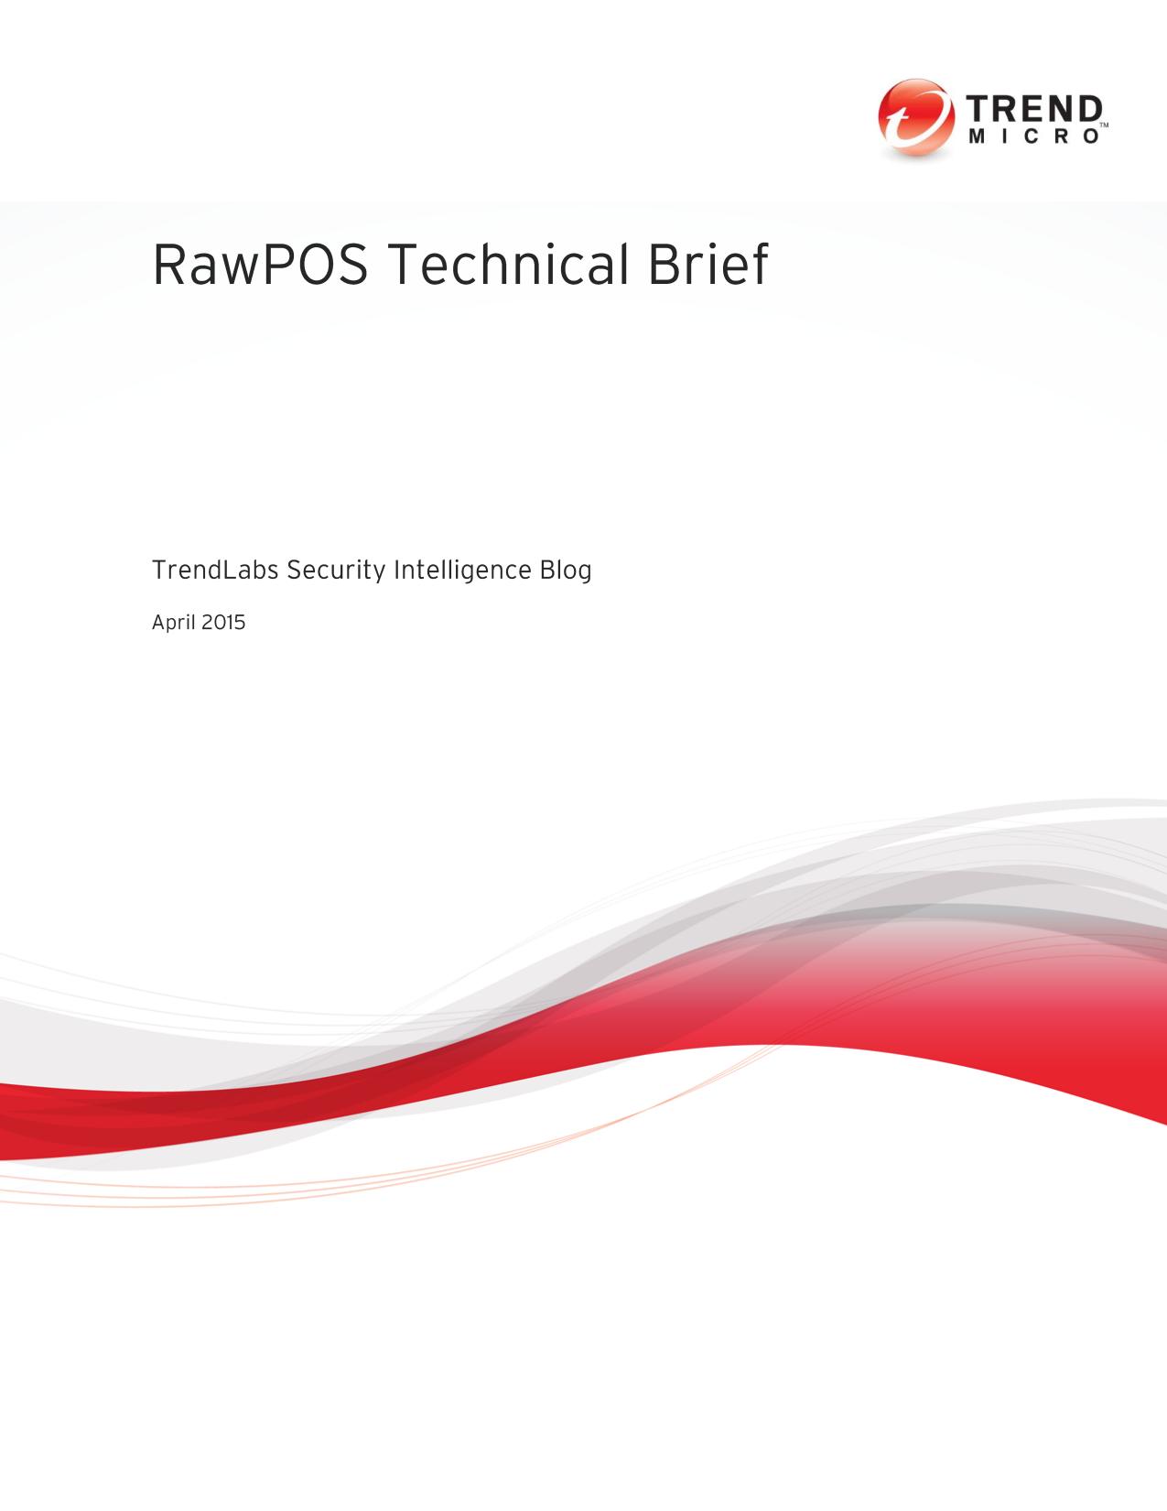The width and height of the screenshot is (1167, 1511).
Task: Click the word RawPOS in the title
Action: tap(260, 265)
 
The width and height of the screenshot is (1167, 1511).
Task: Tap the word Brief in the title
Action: tap(708, 264)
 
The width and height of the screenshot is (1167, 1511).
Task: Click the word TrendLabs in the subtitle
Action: tap(215, 571)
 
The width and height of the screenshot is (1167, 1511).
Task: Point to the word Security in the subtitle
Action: tap(336, 571)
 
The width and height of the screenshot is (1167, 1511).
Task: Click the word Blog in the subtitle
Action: tap(566, 571)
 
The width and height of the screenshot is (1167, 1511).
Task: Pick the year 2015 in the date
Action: tap(225, 622)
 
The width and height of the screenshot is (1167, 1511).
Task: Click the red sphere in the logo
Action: tap(916, 117)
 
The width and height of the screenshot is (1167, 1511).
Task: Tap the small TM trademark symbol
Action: tap(1104, 125)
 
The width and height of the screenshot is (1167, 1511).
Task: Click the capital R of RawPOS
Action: tap(168, 265)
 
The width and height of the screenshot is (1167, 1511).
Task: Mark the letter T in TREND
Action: tap(978, 110)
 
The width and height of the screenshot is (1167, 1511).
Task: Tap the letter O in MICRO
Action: tap(1092, 136)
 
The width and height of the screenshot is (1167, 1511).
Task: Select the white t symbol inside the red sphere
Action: tap(913, 120)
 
